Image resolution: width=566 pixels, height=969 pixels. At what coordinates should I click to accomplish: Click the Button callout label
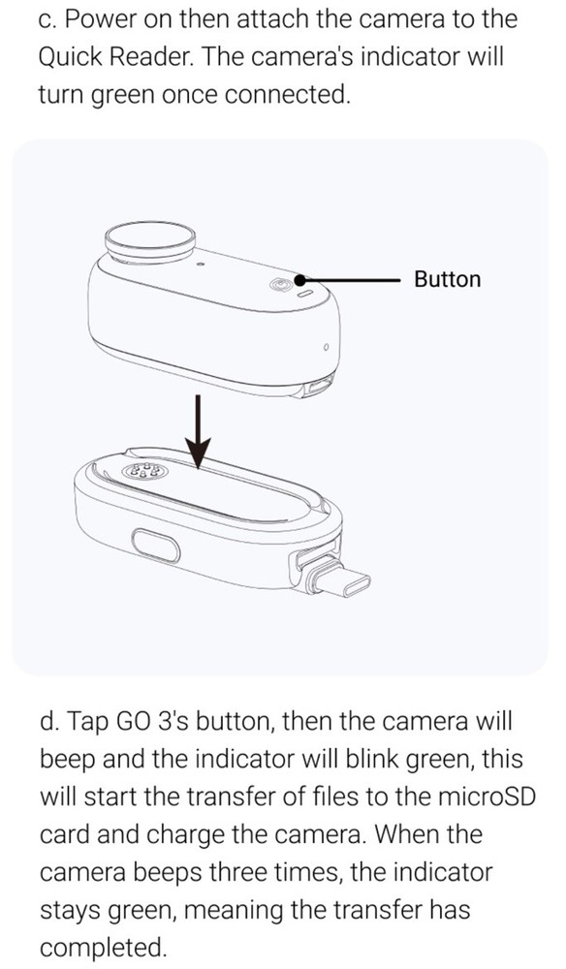click(447, 279)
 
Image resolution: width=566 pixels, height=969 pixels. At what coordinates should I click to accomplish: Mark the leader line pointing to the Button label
click(354, 279)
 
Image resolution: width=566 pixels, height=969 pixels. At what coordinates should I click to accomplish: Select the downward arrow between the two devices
click(199, 426)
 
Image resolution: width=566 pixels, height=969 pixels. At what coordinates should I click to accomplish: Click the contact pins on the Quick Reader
click(143, 474)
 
